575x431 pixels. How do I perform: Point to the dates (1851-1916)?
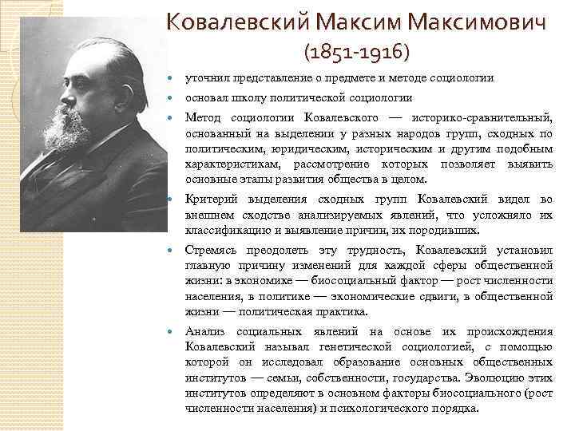(356, 53)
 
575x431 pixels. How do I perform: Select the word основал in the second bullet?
(206, 97)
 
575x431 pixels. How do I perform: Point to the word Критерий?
(210, 200)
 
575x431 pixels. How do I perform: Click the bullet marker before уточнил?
(174, 78)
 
